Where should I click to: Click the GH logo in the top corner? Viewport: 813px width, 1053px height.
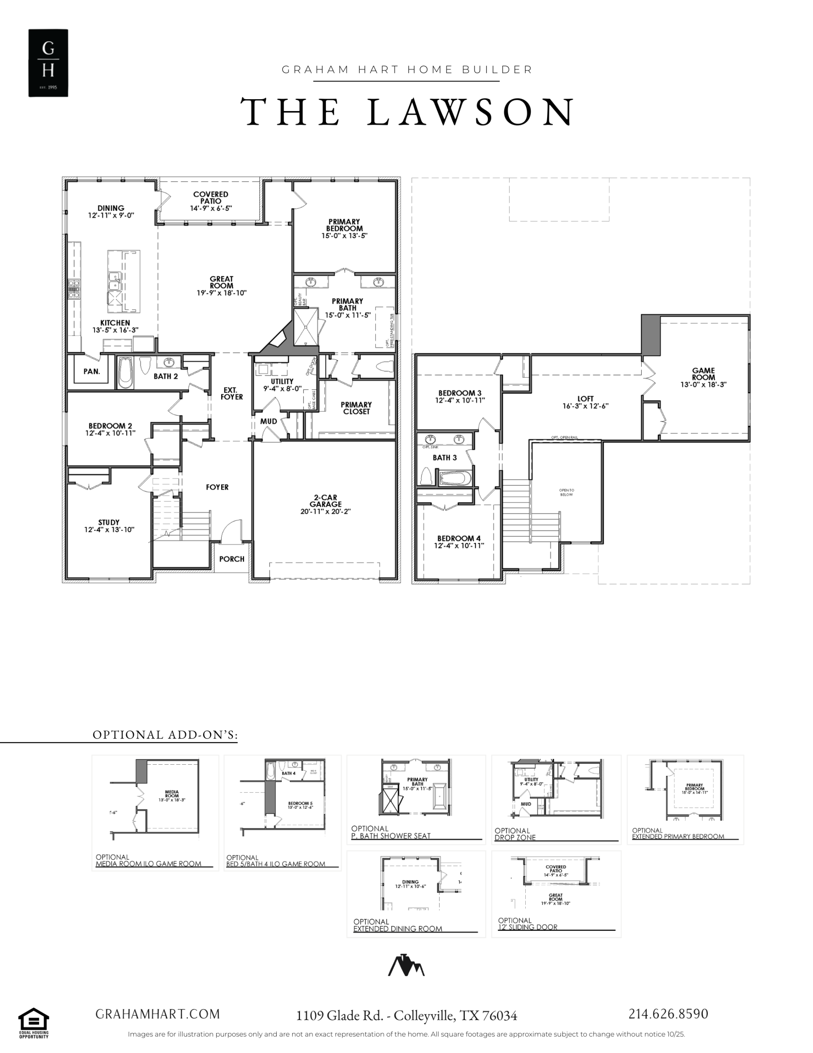pos(48,63)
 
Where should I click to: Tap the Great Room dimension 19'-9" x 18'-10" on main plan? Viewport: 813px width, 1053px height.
pos(221,293)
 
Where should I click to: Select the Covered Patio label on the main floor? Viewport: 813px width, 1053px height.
pos(210,198)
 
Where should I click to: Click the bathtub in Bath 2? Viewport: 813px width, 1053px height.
pos(125,373)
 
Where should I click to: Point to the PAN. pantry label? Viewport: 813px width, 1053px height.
pos(92,372)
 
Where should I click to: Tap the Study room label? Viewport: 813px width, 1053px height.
pos(109,522)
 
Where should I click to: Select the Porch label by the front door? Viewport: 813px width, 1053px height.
pos(232,559)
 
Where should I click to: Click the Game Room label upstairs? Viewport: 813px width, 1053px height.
pos(703,374)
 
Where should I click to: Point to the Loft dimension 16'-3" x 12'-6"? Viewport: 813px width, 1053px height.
pos(585,406)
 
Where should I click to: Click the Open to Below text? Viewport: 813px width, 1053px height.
pos(566,492)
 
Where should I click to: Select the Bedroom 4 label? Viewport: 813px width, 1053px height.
pos(459,538)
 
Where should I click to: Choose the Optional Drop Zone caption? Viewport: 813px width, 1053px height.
pos(515,834)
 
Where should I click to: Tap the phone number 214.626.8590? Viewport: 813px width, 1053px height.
pos(668,1014)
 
